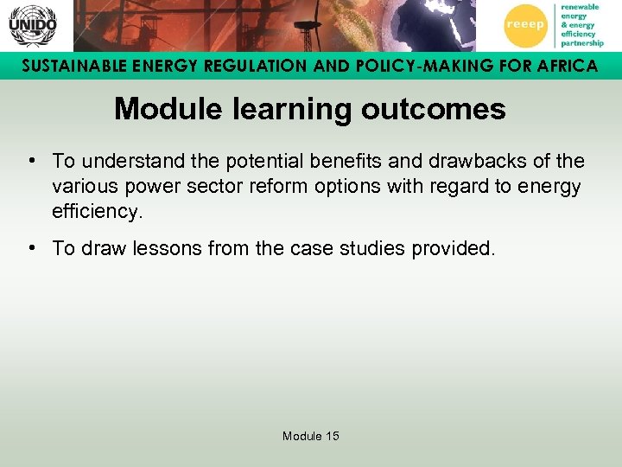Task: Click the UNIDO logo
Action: click(x=32, y=25)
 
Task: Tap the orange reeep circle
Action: click(x=525, y=25)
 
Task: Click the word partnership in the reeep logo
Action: click(x=581, y=42)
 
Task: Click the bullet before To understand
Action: click(x=31, y=161)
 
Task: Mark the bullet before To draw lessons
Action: click(x=31, y=248)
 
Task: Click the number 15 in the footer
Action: click(x=332, y=437)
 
